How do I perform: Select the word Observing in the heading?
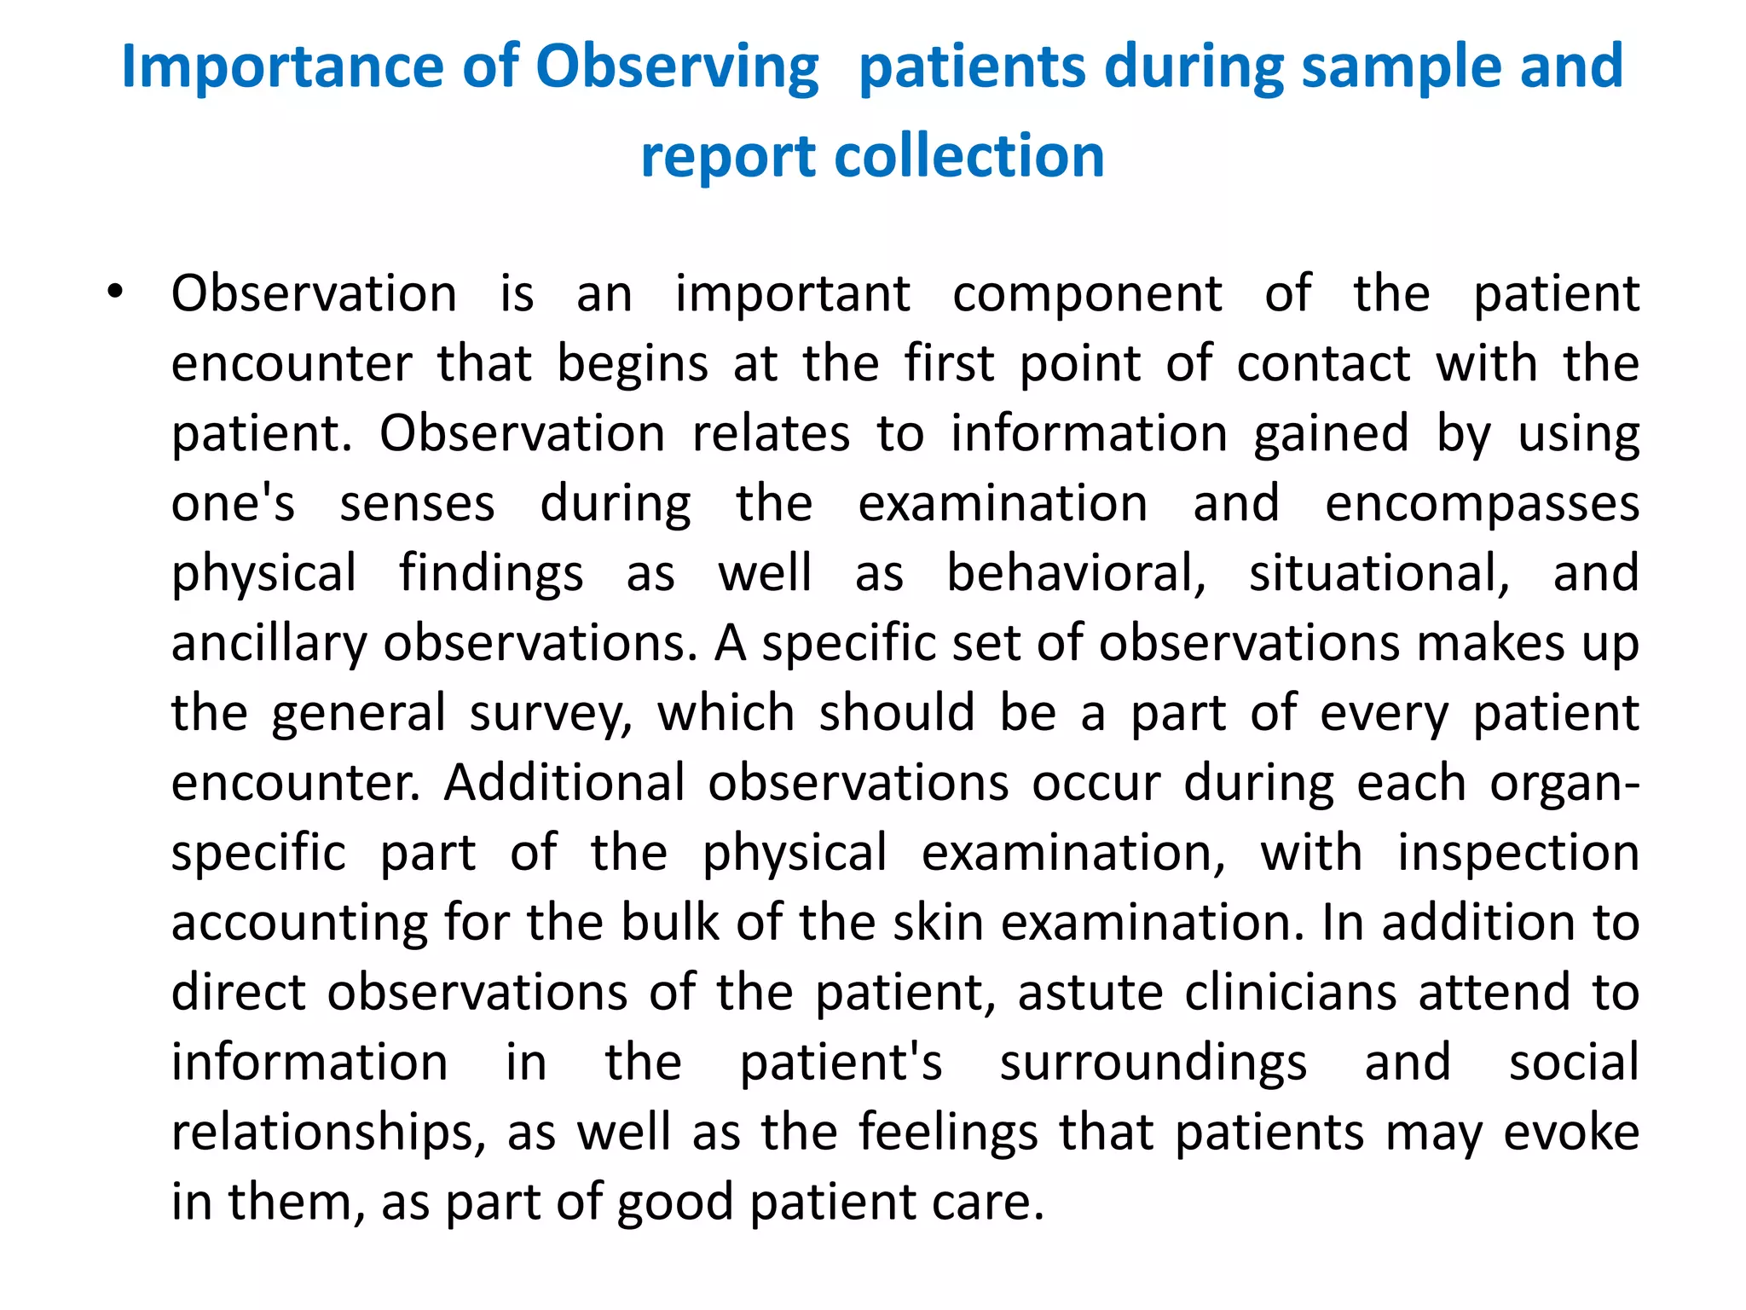677,68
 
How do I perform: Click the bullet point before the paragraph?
115,293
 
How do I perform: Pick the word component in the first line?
1087,294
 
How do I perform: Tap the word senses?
417,504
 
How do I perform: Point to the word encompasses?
1482,504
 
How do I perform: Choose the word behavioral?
1076,573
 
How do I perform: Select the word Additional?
564,783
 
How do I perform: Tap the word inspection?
1518,853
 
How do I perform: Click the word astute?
1090,993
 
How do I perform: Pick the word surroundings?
1153,1063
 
